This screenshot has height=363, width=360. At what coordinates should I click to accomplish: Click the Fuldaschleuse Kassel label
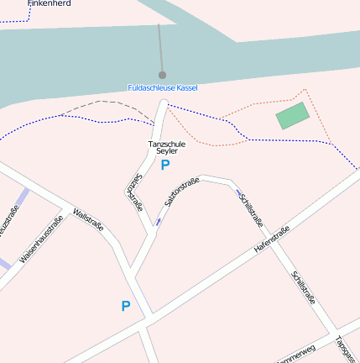pyautogui.click(x=162, y=87)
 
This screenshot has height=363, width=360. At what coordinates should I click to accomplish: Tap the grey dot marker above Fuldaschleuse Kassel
pyautogui.click(x=162, y=75)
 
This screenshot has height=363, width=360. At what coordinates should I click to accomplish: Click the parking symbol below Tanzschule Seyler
pyautogui.click(x=165, y=166)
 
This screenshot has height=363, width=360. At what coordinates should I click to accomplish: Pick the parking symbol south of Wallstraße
pyautogui.click(x=126, y=306)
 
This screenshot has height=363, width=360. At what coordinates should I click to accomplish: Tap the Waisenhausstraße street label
pyautogui.click(x=41, y=241)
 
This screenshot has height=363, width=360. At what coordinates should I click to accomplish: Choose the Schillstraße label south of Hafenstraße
pyautogui.click(x=303, y=287)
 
